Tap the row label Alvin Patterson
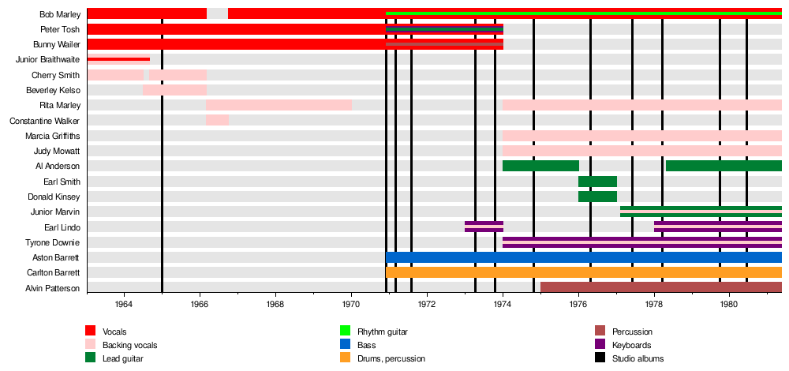[54, 288]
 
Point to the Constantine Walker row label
[44, 121]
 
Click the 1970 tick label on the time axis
[351, 304]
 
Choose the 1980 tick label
[730, 304]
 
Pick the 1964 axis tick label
[124, 304]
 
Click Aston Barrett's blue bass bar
[584, 257]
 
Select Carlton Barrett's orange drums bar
[584, 272]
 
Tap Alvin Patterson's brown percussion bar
[661, 287]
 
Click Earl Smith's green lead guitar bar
[597, 182]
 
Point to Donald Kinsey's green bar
[597, 197]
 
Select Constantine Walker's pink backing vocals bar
[217, 120]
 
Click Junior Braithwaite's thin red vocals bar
[118, 59]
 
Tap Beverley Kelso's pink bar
[174, 90]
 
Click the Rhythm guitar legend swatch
[345, 332]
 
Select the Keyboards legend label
[632, 345]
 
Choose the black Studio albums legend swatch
[600, 358]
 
